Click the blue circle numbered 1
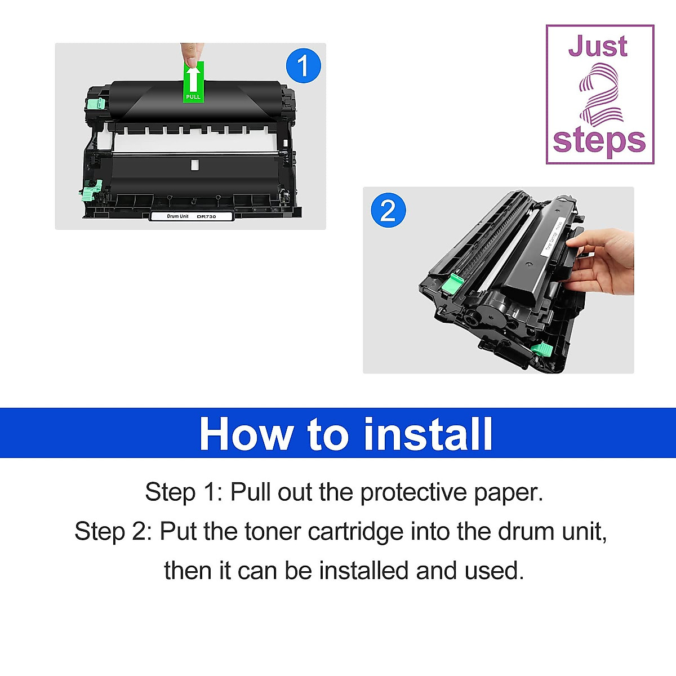tap(303, 66)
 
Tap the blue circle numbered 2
tap(388, 210)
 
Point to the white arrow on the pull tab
tap(193, 78)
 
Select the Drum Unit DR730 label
tap(191, 216)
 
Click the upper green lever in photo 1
tap(96, 104)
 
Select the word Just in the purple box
tap(597, 46)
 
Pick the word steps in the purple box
tap(599, 141)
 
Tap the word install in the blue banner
tap(428, 434)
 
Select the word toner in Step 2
tap(273, 531)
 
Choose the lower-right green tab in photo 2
tap(541, 349)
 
